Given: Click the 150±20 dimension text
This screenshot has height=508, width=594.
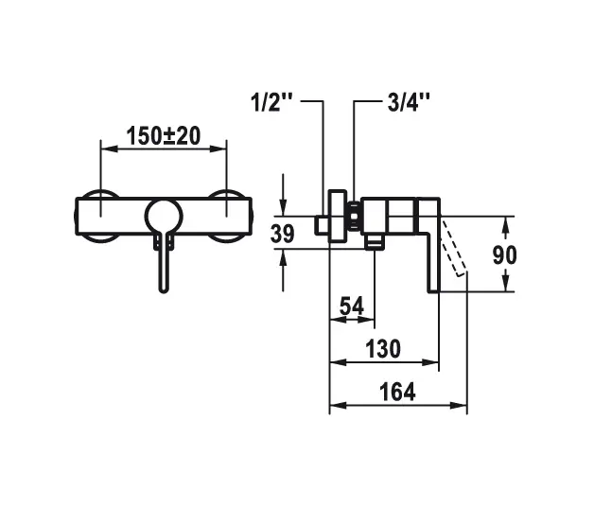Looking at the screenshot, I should click(163, 135).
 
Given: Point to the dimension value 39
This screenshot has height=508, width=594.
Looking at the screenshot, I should click(282, 234).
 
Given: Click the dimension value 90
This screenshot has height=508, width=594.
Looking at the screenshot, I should click(532, 254).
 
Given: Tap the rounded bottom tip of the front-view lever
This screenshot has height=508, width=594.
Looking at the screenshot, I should click(164, 287).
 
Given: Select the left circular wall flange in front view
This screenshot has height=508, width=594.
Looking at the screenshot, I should click(98, 216).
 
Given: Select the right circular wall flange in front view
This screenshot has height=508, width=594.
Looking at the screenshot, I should click(228, 216).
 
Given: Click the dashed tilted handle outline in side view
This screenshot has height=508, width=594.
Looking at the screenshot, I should click(454, 249).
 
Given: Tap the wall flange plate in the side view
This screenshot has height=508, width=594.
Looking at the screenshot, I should click(335, 217).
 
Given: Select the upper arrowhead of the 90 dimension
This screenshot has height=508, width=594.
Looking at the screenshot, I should click(506, 223).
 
